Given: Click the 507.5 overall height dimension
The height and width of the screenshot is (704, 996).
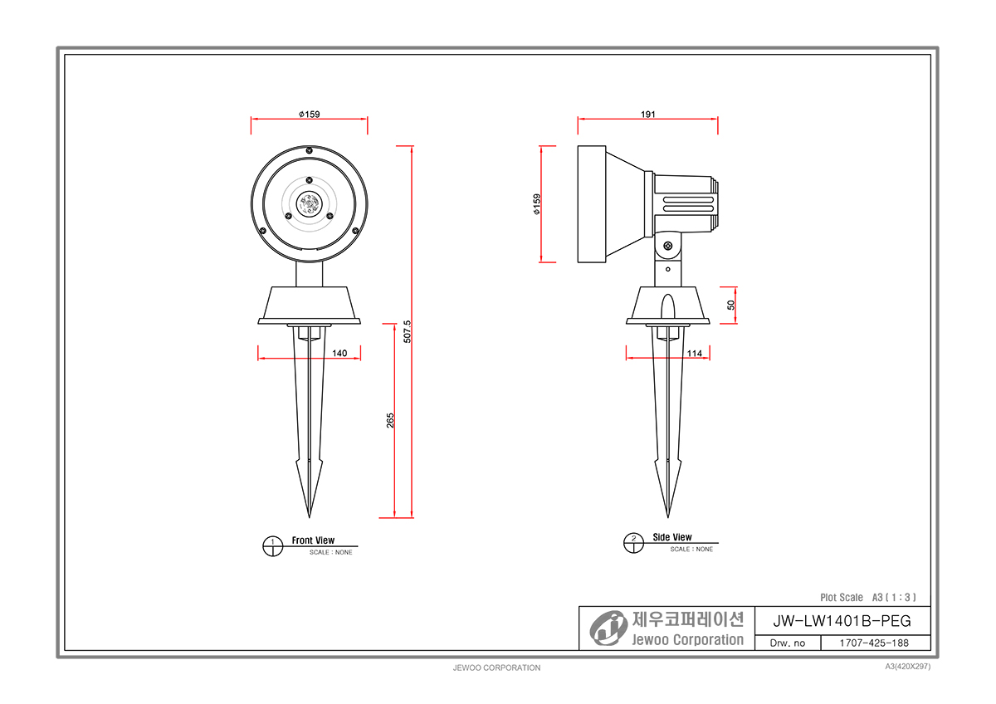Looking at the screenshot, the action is click(408, 332).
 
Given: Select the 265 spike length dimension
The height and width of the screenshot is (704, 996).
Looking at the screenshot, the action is click(390, 421).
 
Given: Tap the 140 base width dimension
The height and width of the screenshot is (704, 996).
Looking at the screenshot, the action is click(339, 353).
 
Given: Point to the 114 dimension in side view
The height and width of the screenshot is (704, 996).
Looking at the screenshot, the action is click(695, 354).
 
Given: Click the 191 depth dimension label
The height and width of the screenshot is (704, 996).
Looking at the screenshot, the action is click(648, 115).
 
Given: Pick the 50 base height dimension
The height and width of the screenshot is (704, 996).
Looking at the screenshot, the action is click(731, 305).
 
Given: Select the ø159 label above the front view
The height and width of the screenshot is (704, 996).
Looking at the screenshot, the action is click(310, 115).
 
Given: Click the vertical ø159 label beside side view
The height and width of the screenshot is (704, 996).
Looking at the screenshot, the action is click(537, 204).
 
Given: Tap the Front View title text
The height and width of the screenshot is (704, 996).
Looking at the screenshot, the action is click(313, 540).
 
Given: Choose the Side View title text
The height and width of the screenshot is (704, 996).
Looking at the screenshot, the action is click(672, 537).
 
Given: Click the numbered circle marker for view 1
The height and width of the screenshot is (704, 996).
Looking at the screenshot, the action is click(273, 546).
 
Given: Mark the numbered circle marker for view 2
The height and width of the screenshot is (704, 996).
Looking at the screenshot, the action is click(633, 543).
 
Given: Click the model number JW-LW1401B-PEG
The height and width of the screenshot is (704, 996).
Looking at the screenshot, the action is click(842, 621).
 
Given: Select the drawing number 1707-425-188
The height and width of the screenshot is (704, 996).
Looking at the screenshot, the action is click(874, 643).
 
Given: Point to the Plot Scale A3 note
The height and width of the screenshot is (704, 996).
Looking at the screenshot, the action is click(868, 597).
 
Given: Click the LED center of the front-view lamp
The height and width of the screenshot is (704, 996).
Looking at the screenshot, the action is click(309, 204).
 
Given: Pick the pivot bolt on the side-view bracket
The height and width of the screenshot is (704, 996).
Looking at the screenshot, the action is click(668, 246).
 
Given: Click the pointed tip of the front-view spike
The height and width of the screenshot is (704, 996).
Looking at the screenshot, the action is click(309, 518).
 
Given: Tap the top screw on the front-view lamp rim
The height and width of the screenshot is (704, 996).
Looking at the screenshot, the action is click(309, 150).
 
